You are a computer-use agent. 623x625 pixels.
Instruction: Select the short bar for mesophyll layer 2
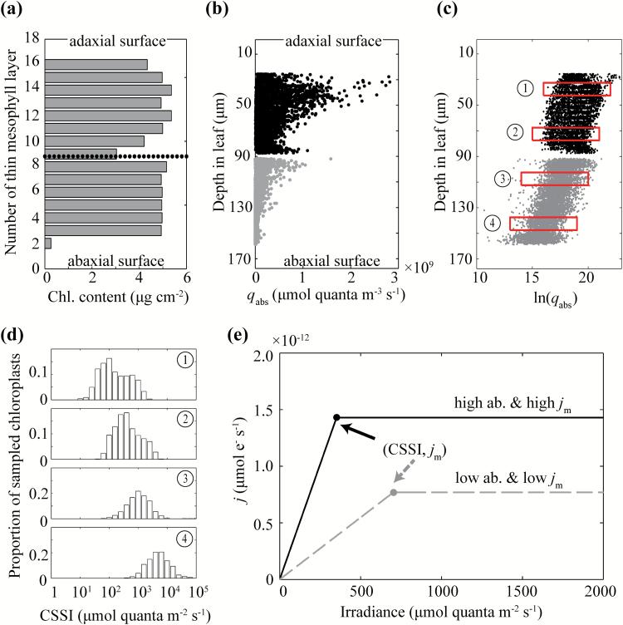click(x=48, y=244)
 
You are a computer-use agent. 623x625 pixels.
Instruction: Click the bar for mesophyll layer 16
click(x=96, y=64)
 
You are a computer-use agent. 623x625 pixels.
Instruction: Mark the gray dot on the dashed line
click(x=393, y=492)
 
